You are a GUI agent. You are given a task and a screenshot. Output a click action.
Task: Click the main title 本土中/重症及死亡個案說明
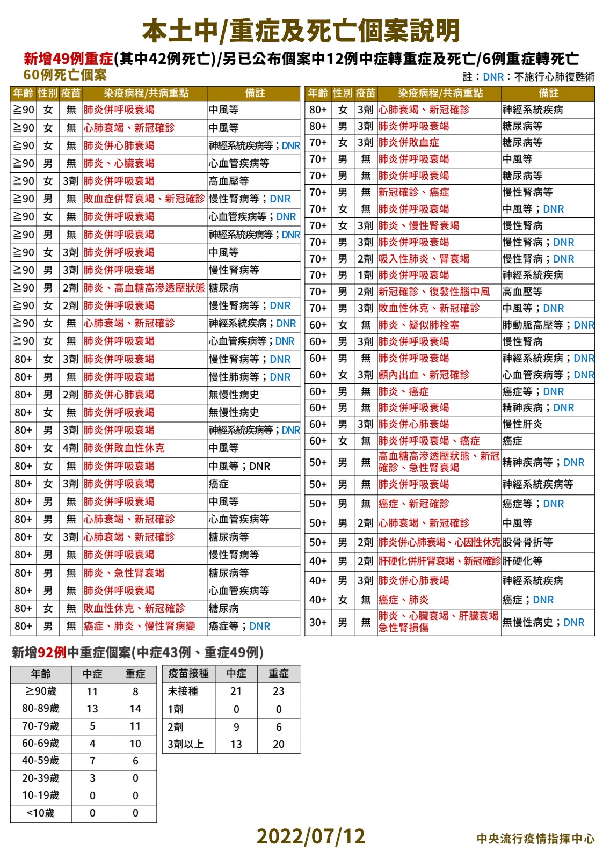click(x=301, y=31)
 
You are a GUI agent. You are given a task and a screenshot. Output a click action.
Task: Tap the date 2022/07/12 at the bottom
click(x=310, y=836)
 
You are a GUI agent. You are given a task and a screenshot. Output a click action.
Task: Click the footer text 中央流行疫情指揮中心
click(x=535, y=838)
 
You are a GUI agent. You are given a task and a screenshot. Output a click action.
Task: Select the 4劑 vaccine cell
click(x=70, y=448)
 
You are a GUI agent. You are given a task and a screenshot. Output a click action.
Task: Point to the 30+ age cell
click(x=318, y=622)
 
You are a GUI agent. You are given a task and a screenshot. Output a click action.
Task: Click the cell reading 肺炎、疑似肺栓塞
click(x=419, y=325)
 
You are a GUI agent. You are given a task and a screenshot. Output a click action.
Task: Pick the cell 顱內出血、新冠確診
click(x=424, y=375)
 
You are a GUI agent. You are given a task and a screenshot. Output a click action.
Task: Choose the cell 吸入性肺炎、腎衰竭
click(x=424, y=259)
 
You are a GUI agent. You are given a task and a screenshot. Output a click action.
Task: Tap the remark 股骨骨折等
click(x=528, y=542)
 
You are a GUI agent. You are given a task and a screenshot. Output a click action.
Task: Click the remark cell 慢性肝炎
click(x=522, y=424)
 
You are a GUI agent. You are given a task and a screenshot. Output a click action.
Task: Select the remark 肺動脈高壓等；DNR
click(x=548, y=325)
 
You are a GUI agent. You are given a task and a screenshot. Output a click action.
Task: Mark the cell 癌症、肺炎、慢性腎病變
click(x=139, y=626)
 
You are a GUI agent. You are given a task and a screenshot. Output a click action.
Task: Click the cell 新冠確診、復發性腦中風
click(x=434, y=292)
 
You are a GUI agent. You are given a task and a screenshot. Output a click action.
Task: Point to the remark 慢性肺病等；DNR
click(x=250, y=377)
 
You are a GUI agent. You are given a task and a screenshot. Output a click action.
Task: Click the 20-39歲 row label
click(x=41, y=778)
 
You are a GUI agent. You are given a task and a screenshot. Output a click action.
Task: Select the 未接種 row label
click(x=183, y=691)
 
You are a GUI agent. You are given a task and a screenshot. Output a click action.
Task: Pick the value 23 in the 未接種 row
click(x=278, y=691)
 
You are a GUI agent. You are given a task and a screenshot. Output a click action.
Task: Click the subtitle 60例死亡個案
click(x=65, y=75)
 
